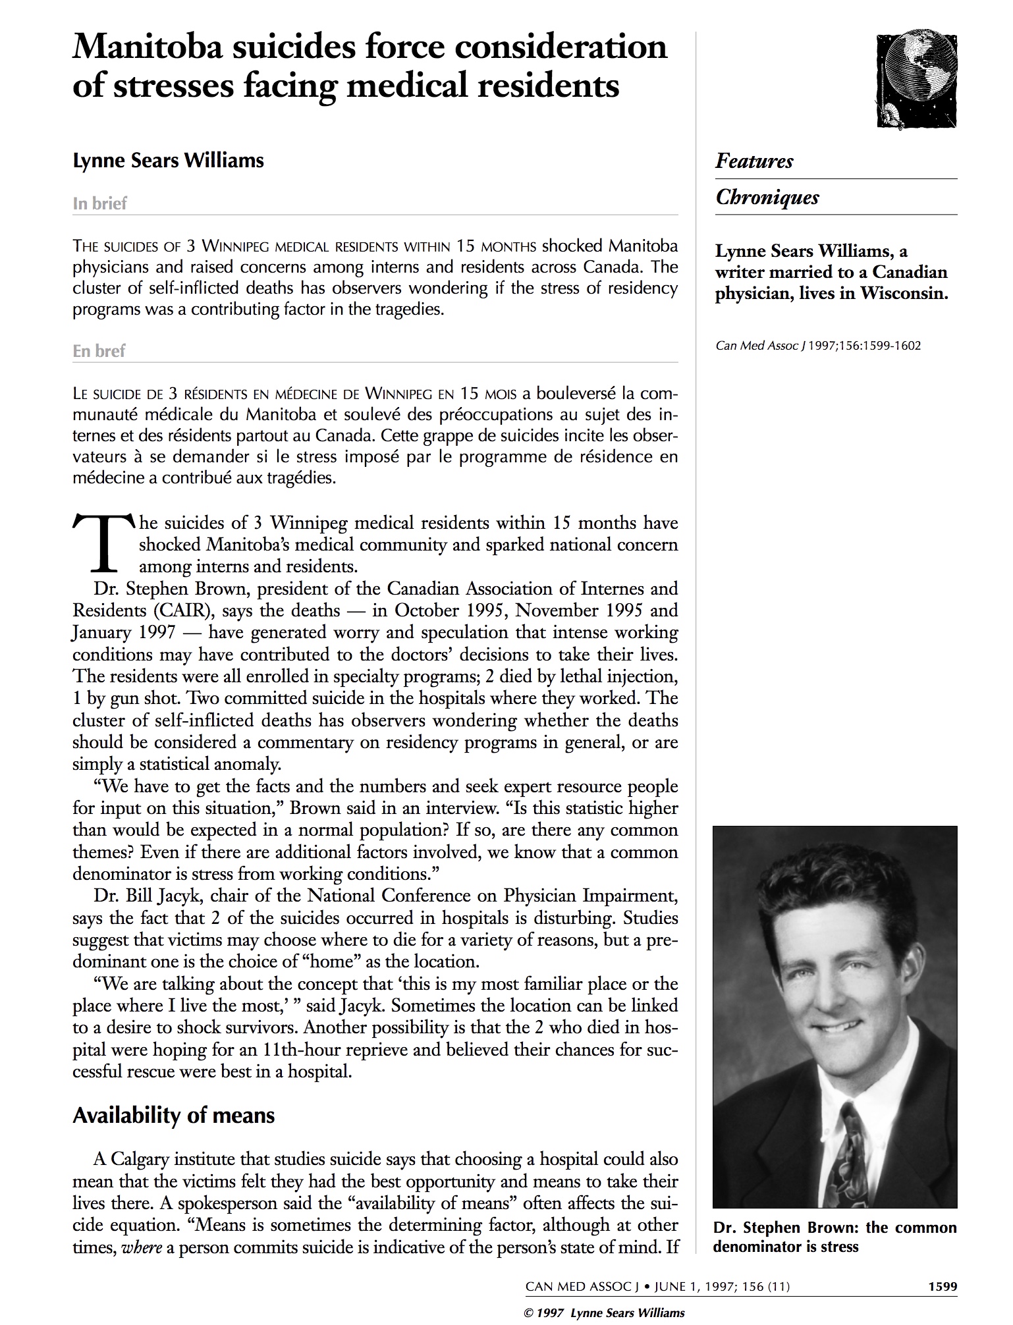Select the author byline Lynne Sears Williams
point(168,161)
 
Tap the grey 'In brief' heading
point(99,203)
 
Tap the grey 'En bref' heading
point(99,351)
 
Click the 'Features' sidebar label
point(754,161)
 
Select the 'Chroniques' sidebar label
point(767,198)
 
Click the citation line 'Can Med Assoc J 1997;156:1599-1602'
point(818,345)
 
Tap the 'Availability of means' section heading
point(173,1115)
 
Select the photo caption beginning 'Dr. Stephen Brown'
point(835,1237)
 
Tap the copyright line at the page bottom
point(603,1312)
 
